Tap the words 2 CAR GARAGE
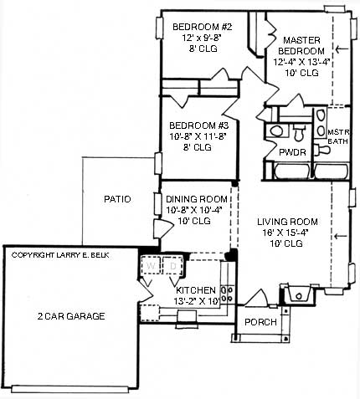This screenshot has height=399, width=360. click(x=71, y=316)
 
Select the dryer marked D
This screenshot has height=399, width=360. click(x=172, y=267)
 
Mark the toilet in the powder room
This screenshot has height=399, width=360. click(x=299, y=132)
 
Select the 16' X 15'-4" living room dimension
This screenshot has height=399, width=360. click(x=290, y=233)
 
